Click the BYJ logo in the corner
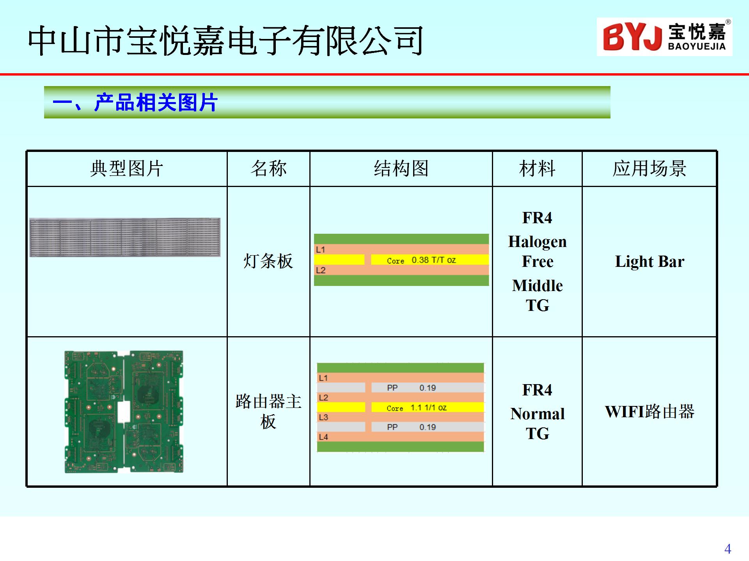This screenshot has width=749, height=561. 664,37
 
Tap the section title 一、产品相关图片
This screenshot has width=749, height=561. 135,103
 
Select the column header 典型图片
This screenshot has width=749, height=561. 126,169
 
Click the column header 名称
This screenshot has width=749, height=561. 268,169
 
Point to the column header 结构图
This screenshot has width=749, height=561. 401,169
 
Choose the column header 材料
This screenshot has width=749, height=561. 537,169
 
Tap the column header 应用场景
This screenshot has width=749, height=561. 650,169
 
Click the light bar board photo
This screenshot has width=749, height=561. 125,237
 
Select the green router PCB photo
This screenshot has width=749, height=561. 124,412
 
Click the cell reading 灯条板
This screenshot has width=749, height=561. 268,261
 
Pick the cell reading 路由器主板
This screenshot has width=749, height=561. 268,411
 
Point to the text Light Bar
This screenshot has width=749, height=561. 650,261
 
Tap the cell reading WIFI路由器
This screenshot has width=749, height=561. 650,411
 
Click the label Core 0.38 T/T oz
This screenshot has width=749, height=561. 421,260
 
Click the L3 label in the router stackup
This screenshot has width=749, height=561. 323,417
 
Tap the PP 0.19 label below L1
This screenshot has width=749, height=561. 412,388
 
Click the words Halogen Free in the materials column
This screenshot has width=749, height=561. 537,251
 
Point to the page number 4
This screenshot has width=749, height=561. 728,549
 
